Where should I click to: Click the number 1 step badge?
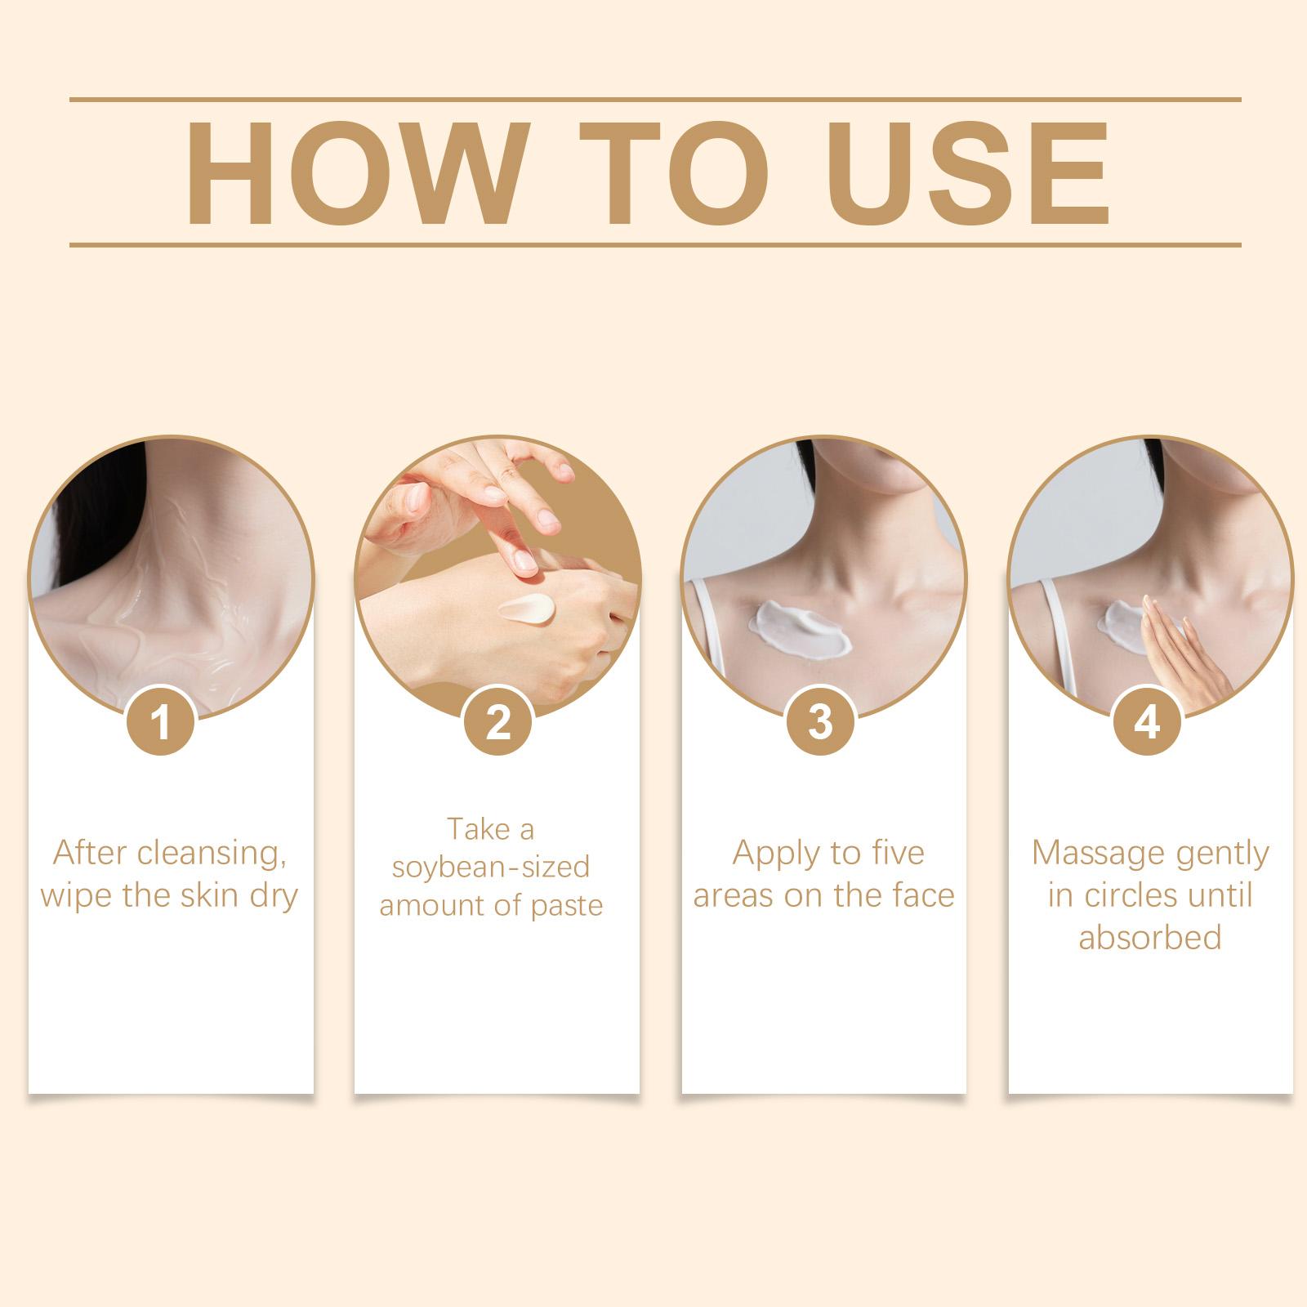(161, 723)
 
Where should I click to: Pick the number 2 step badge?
(497, 723)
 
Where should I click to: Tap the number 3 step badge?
(821, 723)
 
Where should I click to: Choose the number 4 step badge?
(1149, 723)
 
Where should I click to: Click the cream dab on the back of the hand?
(527, 611)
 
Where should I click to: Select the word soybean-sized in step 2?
(490, 867)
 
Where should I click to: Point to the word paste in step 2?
(563, 907)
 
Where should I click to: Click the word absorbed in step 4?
(1150, 938)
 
